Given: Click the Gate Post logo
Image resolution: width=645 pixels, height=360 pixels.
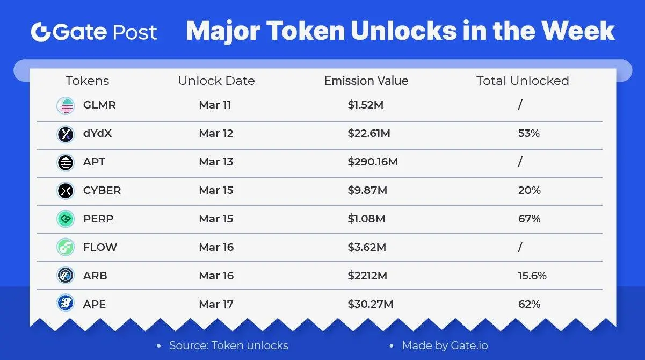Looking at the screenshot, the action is click(94, 32).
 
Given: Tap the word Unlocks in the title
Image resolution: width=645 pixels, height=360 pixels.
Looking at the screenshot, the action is click(404, 31).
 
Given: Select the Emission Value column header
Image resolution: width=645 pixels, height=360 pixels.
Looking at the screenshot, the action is click(366, 81).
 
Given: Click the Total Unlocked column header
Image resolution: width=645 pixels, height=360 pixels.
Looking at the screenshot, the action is click(523, 81).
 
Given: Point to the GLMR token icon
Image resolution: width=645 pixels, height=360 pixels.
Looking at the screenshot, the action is click(66, 106).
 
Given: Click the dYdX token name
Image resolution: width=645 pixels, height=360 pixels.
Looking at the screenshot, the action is click(97, 133).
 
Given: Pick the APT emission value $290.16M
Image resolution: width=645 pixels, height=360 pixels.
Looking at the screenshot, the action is click(373, 162).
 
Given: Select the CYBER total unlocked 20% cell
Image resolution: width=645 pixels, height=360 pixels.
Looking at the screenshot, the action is click(529, 190).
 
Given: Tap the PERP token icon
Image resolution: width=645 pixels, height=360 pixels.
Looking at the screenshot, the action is click(66, 219).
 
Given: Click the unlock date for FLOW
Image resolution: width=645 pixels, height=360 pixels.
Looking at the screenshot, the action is click(216, 247).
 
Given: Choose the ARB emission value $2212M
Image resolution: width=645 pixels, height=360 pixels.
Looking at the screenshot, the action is click(367, 276).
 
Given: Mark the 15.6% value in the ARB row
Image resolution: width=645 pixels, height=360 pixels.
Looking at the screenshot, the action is click(532, 276).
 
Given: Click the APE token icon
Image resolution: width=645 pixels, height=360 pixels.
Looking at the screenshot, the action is click(66, 303).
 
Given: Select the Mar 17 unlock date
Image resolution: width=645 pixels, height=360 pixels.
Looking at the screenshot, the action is click(216, 304).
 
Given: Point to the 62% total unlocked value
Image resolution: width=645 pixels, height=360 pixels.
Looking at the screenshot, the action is click(529, 304).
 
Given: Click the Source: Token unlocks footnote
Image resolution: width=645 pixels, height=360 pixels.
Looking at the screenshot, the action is click(229, 345).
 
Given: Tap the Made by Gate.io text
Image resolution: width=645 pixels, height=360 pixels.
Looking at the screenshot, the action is click(445, 345).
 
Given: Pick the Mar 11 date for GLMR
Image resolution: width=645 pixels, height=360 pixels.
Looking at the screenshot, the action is click(215, 105).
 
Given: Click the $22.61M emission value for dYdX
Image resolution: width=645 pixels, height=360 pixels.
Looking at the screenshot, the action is click(369, 133).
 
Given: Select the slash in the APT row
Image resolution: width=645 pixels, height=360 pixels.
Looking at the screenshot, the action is click(520, 162).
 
